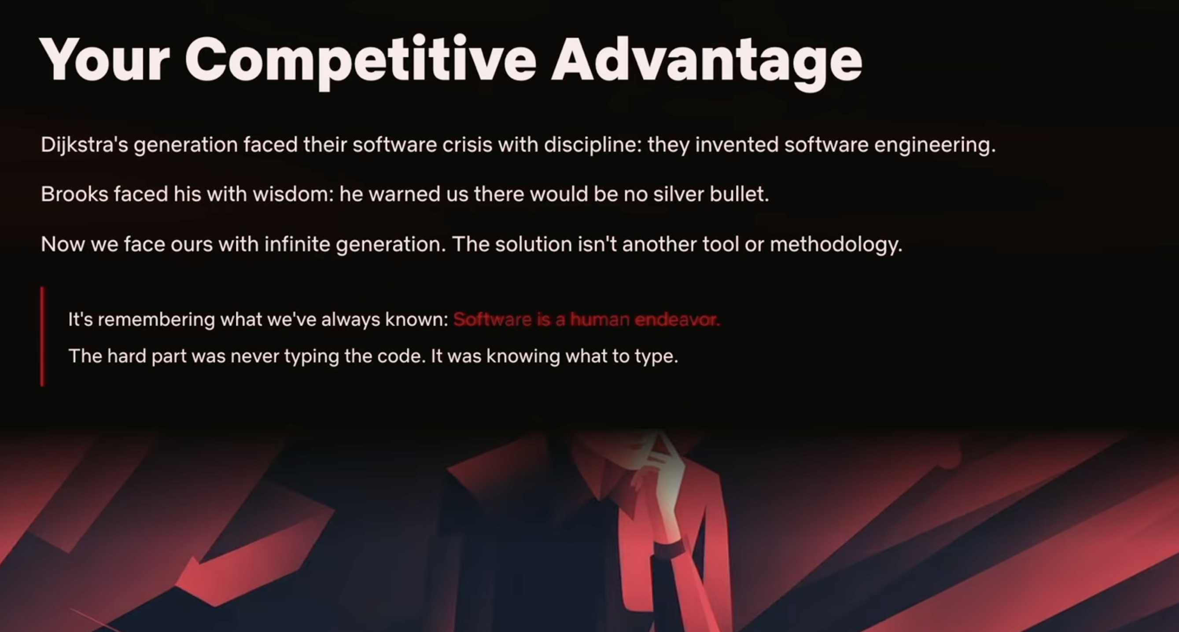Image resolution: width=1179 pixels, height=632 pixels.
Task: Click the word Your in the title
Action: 105,59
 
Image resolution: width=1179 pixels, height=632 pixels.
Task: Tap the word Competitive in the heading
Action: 361,62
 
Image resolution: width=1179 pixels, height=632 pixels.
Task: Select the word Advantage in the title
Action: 707,62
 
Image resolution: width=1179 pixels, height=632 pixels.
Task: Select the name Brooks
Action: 74,194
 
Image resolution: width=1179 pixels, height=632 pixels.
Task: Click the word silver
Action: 678,194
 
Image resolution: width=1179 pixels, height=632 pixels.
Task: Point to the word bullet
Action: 739,194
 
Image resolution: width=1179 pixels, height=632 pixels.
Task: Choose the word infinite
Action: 297,244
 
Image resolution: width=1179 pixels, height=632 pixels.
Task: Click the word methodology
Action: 836,245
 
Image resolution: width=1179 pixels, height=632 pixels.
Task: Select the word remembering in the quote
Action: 156,320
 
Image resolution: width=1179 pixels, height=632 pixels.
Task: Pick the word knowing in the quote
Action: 523,356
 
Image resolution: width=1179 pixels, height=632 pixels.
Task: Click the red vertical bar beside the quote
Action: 43,336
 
